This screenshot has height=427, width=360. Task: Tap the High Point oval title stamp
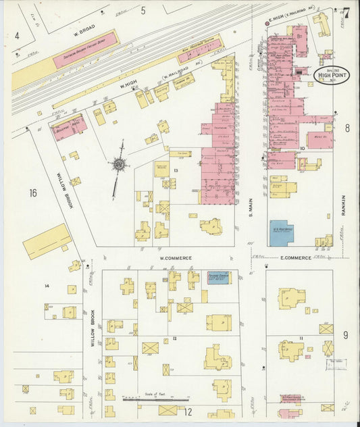point(330,75)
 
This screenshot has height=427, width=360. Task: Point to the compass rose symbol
point(120,164)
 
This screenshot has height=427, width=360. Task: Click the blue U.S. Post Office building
point(282,232)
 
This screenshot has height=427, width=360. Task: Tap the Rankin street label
point(343,205)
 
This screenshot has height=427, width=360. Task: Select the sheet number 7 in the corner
point(346,12)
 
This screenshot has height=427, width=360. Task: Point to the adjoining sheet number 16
point(32,193)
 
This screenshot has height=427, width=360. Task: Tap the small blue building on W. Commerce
point(217,278)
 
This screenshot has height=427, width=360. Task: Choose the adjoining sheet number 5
point(143,9)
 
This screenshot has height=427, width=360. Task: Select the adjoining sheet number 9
point(345,334)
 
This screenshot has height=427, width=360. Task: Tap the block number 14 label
point(47,286)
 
